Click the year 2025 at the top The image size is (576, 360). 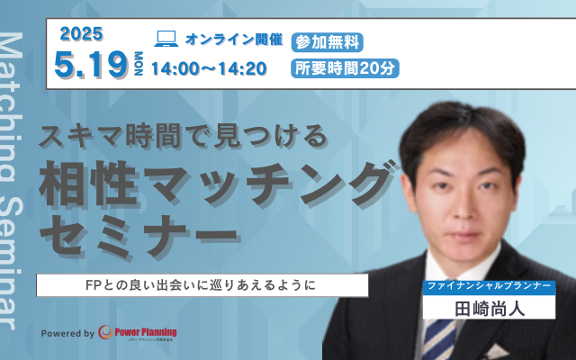pos(82,33)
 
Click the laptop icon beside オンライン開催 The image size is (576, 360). pos(166,39)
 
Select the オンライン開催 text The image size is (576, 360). pos(234,40)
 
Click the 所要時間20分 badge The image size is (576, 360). pos(345,67)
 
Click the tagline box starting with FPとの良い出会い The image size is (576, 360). pos(202,285)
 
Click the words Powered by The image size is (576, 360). pos(67,334)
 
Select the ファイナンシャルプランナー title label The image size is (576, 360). pos(487,286)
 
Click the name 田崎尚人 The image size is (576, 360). pos(487,307)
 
